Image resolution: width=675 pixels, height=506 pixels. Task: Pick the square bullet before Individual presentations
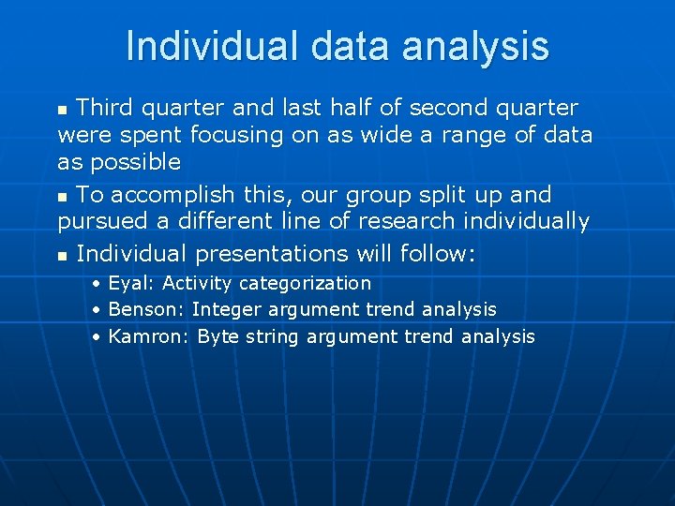pyautogui.click(x=63, y=255)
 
